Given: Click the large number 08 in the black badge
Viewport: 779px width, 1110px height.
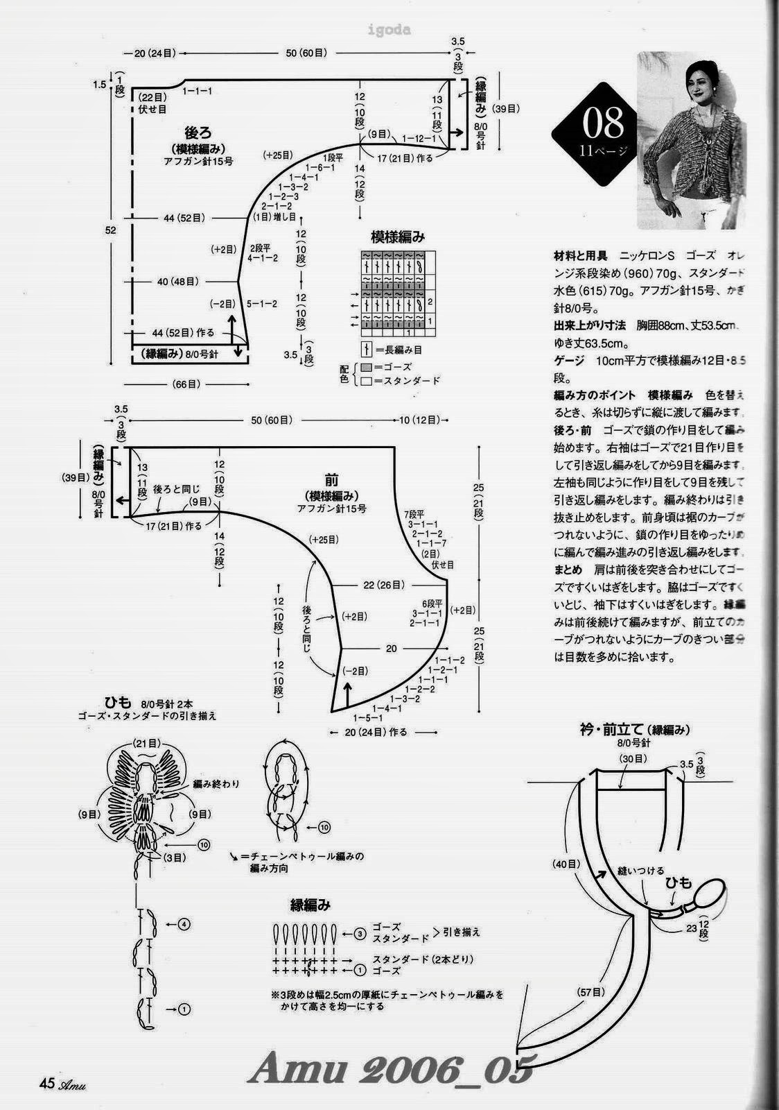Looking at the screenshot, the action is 603,125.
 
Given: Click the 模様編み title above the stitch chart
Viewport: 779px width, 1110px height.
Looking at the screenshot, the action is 398,237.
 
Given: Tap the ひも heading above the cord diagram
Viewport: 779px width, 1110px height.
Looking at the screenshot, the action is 121,702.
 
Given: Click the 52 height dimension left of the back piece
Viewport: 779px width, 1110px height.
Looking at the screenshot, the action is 110,230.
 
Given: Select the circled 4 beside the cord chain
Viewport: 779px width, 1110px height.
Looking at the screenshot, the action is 183,924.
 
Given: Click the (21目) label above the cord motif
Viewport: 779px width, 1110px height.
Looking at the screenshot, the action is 147,743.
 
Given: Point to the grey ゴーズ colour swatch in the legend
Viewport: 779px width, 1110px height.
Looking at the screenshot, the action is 366,367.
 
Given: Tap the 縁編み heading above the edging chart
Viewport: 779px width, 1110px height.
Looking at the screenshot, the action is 310,905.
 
